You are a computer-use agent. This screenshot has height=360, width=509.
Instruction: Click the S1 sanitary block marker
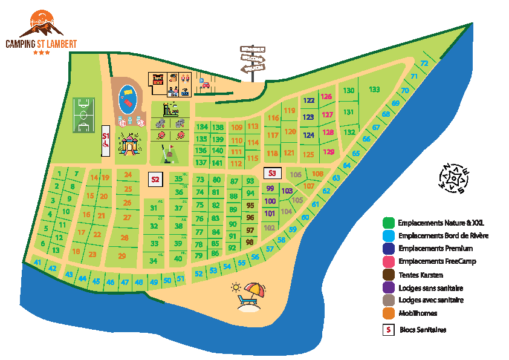pos(105,140)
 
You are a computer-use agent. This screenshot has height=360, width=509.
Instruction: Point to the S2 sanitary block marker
pos(155,179)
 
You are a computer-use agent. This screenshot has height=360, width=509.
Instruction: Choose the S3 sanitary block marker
pos(272,173)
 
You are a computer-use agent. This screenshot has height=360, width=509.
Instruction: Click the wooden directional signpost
pos(253,61)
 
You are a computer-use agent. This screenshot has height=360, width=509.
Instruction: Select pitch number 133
pos(374,90)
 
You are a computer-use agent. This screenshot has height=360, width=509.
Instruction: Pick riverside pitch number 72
pos(424,64)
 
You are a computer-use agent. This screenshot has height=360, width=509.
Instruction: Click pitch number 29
pos(122,256)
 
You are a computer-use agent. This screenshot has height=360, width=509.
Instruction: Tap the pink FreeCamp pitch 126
pos(327,97)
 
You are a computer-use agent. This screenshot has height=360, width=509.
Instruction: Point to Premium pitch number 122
pos(309,100)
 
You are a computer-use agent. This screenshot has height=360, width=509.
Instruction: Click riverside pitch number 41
pos(37,263)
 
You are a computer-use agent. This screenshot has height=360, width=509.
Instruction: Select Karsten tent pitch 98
pos(250,242)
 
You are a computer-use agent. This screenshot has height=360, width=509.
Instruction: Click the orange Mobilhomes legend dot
pos(390,313)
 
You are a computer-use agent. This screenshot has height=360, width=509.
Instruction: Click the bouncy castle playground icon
pos(128,145)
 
